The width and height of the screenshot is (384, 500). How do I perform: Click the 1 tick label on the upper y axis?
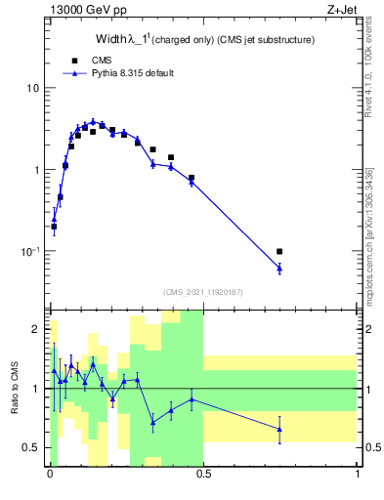point(37,170)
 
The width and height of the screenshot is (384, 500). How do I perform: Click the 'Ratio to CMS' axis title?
point(15,389)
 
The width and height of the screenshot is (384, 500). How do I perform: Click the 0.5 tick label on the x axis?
point(204,475)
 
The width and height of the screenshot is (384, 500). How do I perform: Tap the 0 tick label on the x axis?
point(50,475)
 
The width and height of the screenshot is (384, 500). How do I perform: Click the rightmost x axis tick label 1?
point(358,475)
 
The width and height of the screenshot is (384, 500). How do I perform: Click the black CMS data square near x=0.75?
point(279,252)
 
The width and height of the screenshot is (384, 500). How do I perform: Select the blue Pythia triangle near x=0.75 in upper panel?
point(279,268)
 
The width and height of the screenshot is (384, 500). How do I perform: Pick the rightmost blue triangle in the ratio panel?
point(279,429)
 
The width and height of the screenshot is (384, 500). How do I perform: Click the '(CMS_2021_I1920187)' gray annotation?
point(203,292)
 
